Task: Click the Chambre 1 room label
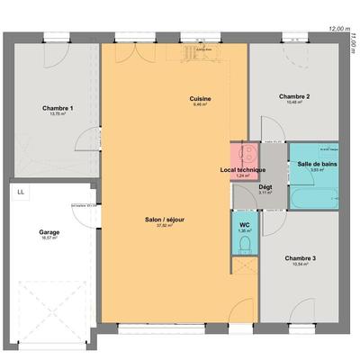click(57, 108)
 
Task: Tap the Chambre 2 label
click(294, 96)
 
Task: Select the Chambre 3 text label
click(300, 258)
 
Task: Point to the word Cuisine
click(200, 98)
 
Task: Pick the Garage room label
click(49, 232)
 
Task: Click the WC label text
click(244, 225)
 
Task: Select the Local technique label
click(243, 170)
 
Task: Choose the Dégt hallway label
click(265, 186)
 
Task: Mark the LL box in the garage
click(21, 192)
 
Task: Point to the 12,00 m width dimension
click(338, 28)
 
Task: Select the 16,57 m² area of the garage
click(49, 238)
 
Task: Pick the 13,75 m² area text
click(57, 114)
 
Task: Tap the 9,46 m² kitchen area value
click(200, 104)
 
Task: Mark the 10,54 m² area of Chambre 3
click(300, 265)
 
